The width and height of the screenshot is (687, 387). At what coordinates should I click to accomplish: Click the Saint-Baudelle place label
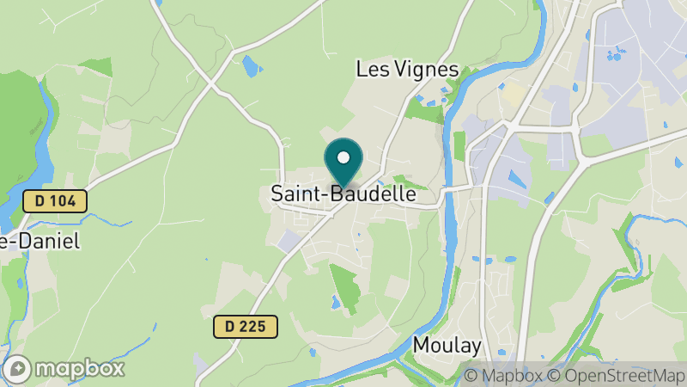click(343, 195)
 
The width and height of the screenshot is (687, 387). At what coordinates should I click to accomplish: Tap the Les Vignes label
click(407, 71)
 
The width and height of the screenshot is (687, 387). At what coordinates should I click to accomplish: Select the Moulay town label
click(447, 345)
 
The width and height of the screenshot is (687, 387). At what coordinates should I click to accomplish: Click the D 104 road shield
click(55, 202)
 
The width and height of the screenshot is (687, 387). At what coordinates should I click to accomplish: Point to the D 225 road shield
click(246, 327)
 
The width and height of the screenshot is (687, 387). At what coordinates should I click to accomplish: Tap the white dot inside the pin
click(343, 158)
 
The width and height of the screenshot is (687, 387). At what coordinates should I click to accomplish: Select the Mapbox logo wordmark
click(79, 369)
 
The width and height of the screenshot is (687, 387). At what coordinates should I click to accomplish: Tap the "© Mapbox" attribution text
click(508, 375)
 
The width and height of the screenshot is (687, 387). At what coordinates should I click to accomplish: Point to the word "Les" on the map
click(370, 71)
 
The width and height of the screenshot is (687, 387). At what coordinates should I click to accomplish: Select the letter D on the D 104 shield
click(39, 202)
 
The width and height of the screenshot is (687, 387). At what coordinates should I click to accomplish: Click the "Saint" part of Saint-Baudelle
click(292, 195)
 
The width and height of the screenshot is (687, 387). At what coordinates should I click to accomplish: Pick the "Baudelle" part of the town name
click(374, 195)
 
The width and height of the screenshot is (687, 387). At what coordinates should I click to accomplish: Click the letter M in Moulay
click(422, 345)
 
